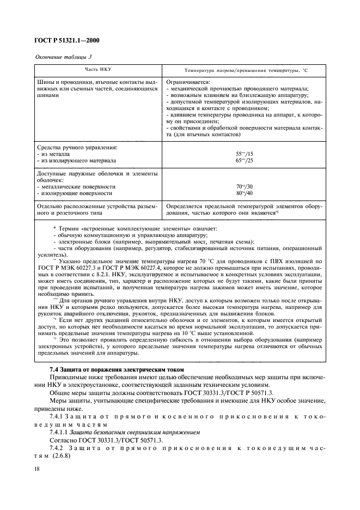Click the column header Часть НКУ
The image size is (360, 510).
click(96, 70)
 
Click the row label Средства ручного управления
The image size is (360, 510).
click(77, 148)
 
